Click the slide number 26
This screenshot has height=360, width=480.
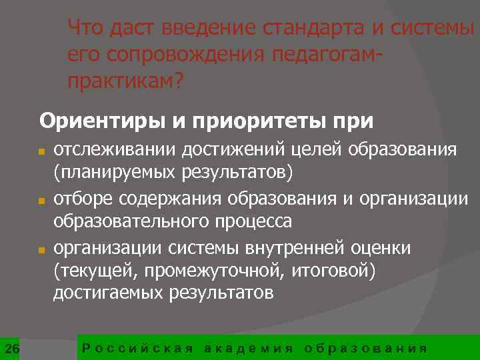(x=11, y=348)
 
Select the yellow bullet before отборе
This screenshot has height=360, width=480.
(x=41, y=201)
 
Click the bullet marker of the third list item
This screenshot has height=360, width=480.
(x=41, y=249)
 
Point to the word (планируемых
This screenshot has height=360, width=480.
(x=115, y=173)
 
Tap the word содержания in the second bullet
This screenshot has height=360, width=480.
(x=178, y=198)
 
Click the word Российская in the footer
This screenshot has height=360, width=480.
(x=137, y=348)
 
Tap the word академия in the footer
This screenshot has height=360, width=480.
(x=248, y=348)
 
